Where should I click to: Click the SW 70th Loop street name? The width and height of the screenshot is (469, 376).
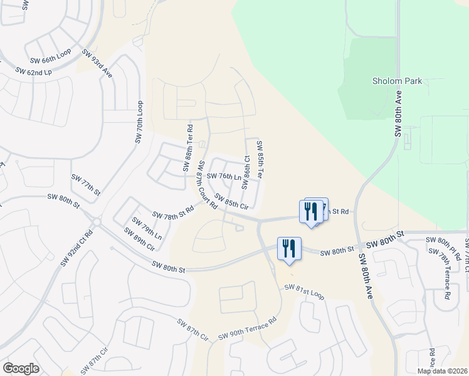coord(139,122)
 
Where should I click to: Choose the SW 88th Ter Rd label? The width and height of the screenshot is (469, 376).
coord(187,148)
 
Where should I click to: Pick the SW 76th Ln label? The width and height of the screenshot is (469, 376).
coord(225,177)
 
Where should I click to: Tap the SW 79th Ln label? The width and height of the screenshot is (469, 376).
coord(147,229)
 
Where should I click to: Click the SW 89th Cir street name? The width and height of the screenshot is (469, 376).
coord(139,239)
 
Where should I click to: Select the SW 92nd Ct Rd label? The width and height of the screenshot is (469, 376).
coord(76,248)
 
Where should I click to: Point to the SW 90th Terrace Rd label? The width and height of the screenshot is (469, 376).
coord(247,330)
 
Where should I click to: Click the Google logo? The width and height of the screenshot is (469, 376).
coord(21,368)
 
